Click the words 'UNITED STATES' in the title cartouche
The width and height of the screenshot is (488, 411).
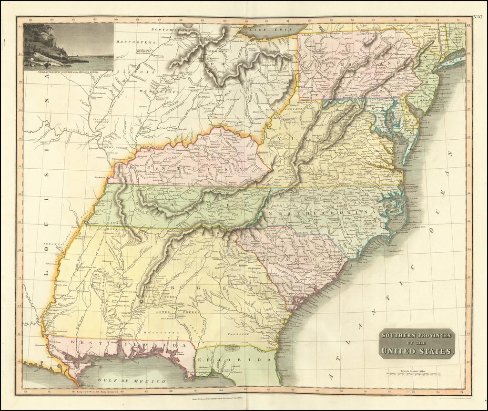coord(417,352)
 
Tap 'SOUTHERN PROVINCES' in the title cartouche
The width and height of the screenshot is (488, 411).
coord(417,335)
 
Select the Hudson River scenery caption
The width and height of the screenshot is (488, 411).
coord(69,71)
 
